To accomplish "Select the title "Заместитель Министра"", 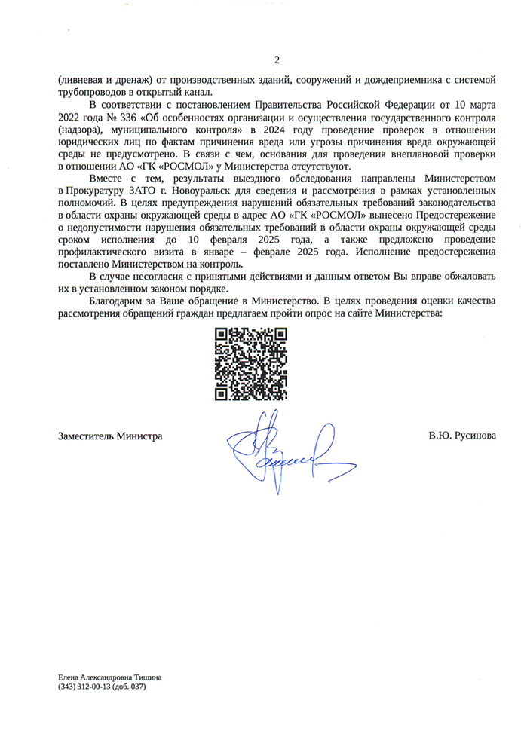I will click(x=110, y=436).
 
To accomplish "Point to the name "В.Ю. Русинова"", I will click(x=461, y=436).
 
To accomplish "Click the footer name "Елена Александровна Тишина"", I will click(x=109, y=677).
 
